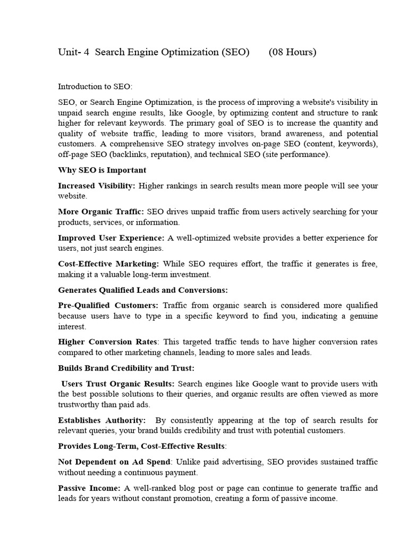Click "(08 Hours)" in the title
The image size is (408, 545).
[292, 52]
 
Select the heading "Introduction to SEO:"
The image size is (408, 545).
[95, 86]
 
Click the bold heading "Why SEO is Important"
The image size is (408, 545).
[102, 170]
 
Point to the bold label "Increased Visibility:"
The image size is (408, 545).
[97, 186]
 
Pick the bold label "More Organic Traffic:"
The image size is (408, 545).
[101, 211]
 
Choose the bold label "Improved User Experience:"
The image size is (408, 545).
[111, 237]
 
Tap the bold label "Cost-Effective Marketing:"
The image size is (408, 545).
[108, 263]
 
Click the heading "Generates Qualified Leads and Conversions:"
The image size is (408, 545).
[142, 290]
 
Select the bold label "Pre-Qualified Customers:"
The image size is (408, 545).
[108, 305]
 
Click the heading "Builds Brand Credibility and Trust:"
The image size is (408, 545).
[126, 368]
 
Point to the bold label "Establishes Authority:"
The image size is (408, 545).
[101, 420]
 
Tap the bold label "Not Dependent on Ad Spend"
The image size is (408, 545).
[114, 461]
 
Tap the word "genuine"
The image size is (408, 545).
[363, 316]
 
